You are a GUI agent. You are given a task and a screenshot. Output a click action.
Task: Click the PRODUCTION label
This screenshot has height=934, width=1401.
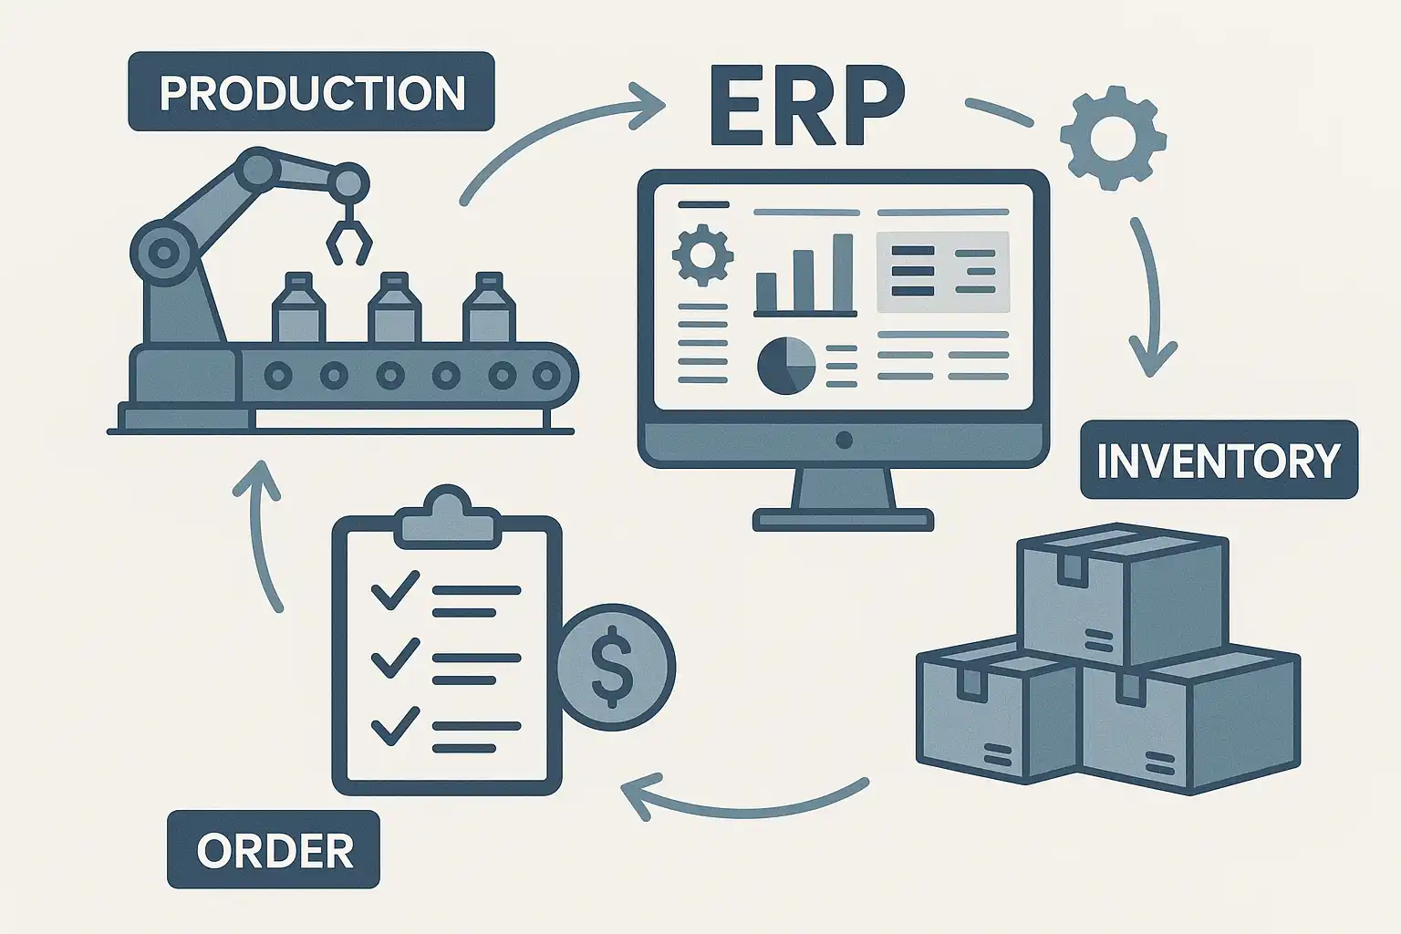pyautogui.click(x=311, y=92)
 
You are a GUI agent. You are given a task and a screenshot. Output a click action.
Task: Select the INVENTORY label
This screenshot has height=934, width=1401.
pyautogui.click(x=1219, y=460)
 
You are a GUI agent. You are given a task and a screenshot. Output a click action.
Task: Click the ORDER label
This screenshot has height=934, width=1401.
pyautogui.click(x=274, y=850)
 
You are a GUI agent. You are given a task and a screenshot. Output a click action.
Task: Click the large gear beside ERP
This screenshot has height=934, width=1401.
pyautogui.click(x=1113, y=138)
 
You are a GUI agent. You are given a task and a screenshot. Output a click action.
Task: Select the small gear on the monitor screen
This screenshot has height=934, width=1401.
pyautogui.click(x=701, y=254)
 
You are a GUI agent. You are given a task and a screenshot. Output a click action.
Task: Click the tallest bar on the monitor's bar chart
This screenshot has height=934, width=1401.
pyautogui.click(x=842, y=273)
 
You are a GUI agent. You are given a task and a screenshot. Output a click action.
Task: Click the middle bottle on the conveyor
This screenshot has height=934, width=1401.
pyautogui.click(x=394, y=309)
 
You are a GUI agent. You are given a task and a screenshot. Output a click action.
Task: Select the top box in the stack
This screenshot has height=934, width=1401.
pyautogui.click(x=1123, y=594)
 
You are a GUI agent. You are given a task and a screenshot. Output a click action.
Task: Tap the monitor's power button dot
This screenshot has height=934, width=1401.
pyautogui.click(x=844, y=441)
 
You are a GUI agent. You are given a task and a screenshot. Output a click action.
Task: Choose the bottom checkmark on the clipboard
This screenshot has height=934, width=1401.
pyautogui.click(x=395, y=726)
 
